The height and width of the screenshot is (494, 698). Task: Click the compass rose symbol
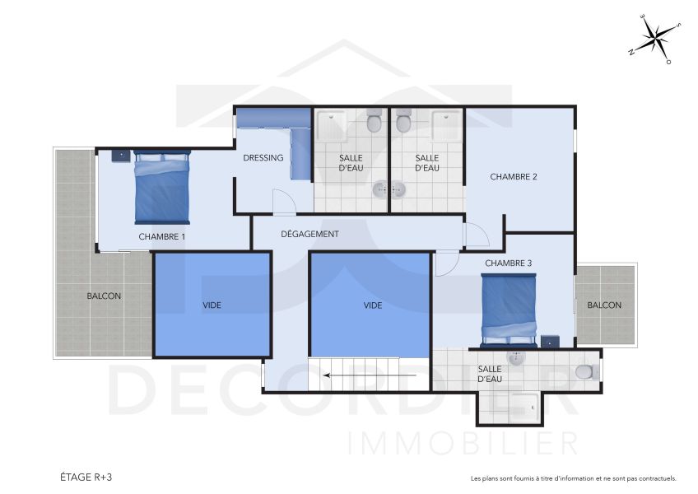tap(656, 39)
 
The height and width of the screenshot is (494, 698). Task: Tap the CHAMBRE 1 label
tap(162, 237)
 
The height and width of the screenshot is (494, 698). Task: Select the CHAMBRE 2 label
tap(514, 176)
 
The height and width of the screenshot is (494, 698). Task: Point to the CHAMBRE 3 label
tap(508, 263)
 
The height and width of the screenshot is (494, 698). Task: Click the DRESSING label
tap(263, 158)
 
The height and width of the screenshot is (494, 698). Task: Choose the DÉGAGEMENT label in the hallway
tap(309, 234)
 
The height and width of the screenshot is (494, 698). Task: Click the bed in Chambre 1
tap(162, 188)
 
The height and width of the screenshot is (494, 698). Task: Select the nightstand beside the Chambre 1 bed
tap(120, 154)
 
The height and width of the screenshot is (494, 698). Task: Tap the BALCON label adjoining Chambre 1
tap(105, 296)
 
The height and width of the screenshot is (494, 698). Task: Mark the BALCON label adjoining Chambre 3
tap(604, 305)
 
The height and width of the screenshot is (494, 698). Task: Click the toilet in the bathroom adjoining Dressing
tap(375, 123)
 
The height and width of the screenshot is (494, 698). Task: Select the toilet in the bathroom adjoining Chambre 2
tap(403, 123)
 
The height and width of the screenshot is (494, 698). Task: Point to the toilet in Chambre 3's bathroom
tap(584, 372)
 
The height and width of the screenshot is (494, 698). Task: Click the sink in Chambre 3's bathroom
tap(516, 358)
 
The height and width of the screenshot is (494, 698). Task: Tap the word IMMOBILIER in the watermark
tap(463, 443)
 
